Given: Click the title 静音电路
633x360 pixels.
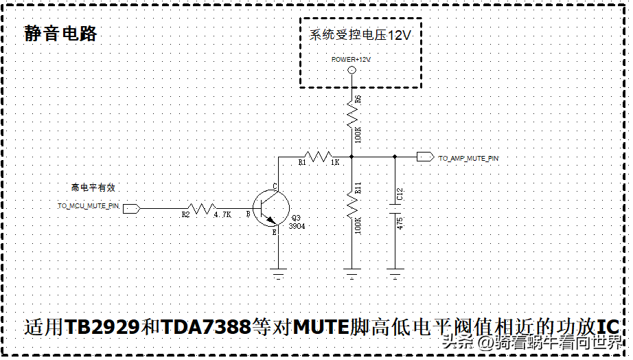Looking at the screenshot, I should [x=60, y=34].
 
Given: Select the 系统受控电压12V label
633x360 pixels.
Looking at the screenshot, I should [x=360, y=35].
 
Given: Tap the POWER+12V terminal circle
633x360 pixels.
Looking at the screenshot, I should [x=352, y=70].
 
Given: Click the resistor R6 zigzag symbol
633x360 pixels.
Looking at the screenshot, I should [x=352, y=113].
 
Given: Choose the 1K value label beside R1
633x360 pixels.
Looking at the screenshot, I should [x=335, y=163].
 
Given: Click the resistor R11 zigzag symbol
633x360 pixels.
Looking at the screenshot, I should [x=352, y=203].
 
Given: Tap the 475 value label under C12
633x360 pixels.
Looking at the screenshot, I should [x=400, y=225].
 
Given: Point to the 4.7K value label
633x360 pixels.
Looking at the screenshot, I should [x=222, y=214].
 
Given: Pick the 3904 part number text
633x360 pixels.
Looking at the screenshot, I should [x=297, y=226].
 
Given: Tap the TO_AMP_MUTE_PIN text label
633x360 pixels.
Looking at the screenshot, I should [x=468, y=159].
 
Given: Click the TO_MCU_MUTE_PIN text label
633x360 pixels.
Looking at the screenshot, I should [x=89, y=206].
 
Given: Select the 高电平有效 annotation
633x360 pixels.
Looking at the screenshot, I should [x=98, y=187].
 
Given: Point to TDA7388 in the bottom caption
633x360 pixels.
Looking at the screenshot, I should [x=206, y=327].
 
